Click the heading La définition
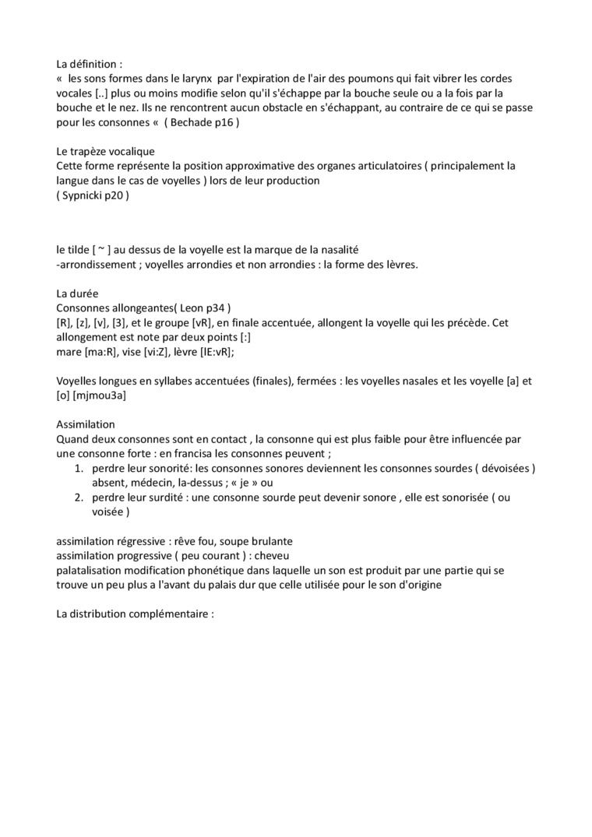coord(90,64)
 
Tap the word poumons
coord(380,79)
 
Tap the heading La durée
coord(76,294)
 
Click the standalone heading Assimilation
coord(86,424)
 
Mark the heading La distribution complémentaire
coord(135,614)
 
